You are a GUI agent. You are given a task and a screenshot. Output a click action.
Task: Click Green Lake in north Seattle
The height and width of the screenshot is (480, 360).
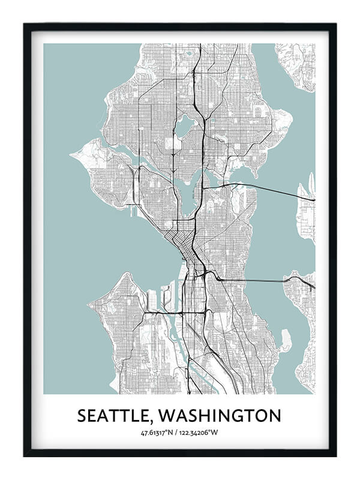point(183,127)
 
